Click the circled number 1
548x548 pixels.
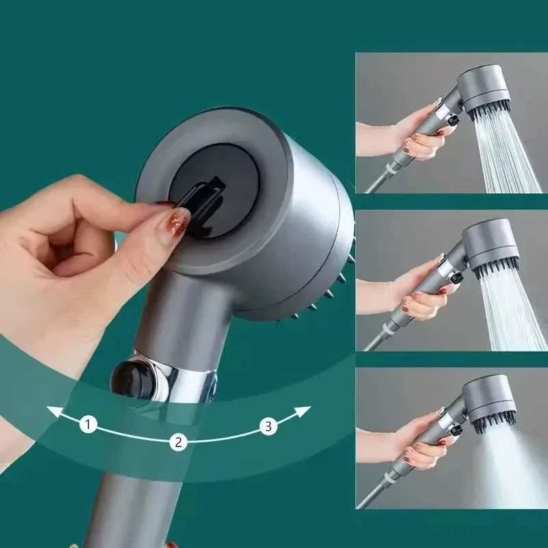click(x=87, y=425)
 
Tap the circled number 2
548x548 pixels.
click(x=178, y=442)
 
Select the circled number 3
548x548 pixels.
click(x=268, y=427)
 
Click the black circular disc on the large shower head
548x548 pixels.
click(x=218, y=188)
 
